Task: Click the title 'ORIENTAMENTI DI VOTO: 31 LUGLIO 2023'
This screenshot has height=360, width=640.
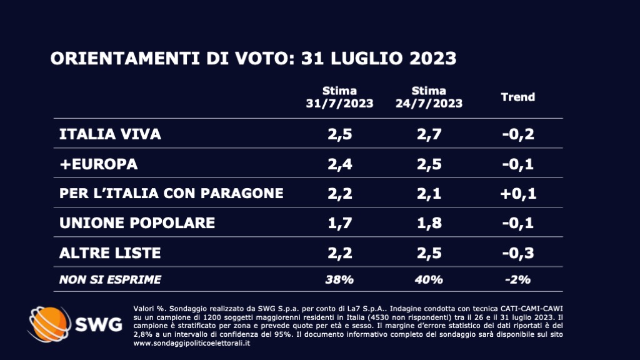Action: point(253,59)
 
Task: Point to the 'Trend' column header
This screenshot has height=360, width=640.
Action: point(518,97)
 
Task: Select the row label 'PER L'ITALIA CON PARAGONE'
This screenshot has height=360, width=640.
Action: point(171,193)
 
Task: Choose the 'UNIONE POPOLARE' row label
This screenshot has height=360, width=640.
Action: point(137,223)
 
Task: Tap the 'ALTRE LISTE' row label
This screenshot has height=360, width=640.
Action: point(110,252)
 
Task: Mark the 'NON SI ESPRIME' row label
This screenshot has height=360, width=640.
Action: point(110,279)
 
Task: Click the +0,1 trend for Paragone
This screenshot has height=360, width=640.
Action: point(518,193)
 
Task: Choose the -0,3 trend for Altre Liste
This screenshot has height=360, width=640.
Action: point(518,252)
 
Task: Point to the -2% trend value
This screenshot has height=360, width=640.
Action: point(518,279)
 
